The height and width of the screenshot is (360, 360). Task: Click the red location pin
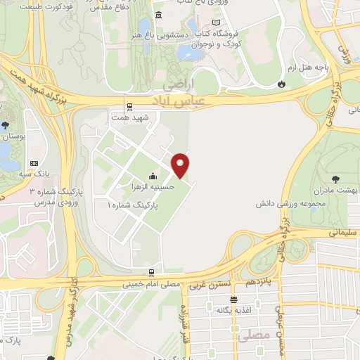[181, 166]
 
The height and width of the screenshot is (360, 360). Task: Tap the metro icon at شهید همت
[129, 107]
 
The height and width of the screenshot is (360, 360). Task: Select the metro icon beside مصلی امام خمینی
[152, 273]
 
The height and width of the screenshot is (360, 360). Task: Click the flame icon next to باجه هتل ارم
[282, 84]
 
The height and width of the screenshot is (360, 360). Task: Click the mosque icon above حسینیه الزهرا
[153, 176]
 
